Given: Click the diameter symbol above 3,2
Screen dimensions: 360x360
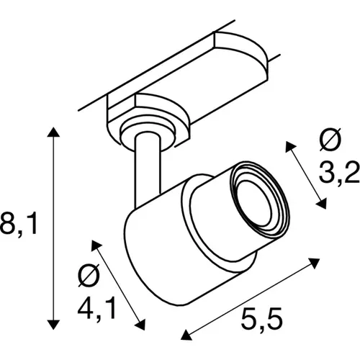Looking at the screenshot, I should point(333,142).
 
